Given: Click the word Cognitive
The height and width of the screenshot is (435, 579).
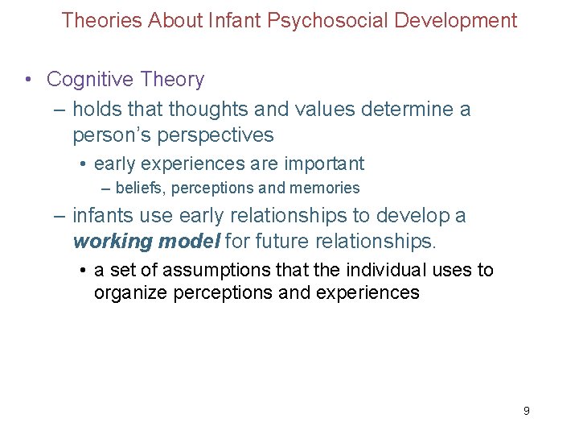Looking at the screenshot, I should click(88, 79).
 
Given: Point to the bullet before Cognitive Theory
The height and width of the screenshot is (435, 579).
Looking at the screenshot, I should click(29, 79).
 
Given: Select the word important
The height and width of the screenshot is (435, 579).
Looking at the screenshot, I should click(322, 164).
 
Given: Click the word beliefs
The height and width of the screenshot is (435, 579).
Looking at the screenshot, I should click(138, 188).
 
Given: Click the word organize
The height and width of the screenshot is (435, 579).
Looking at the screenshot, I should click(129, 292).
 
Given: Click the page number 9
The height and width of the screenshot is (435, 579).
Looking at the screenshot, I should click(526, 411).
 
